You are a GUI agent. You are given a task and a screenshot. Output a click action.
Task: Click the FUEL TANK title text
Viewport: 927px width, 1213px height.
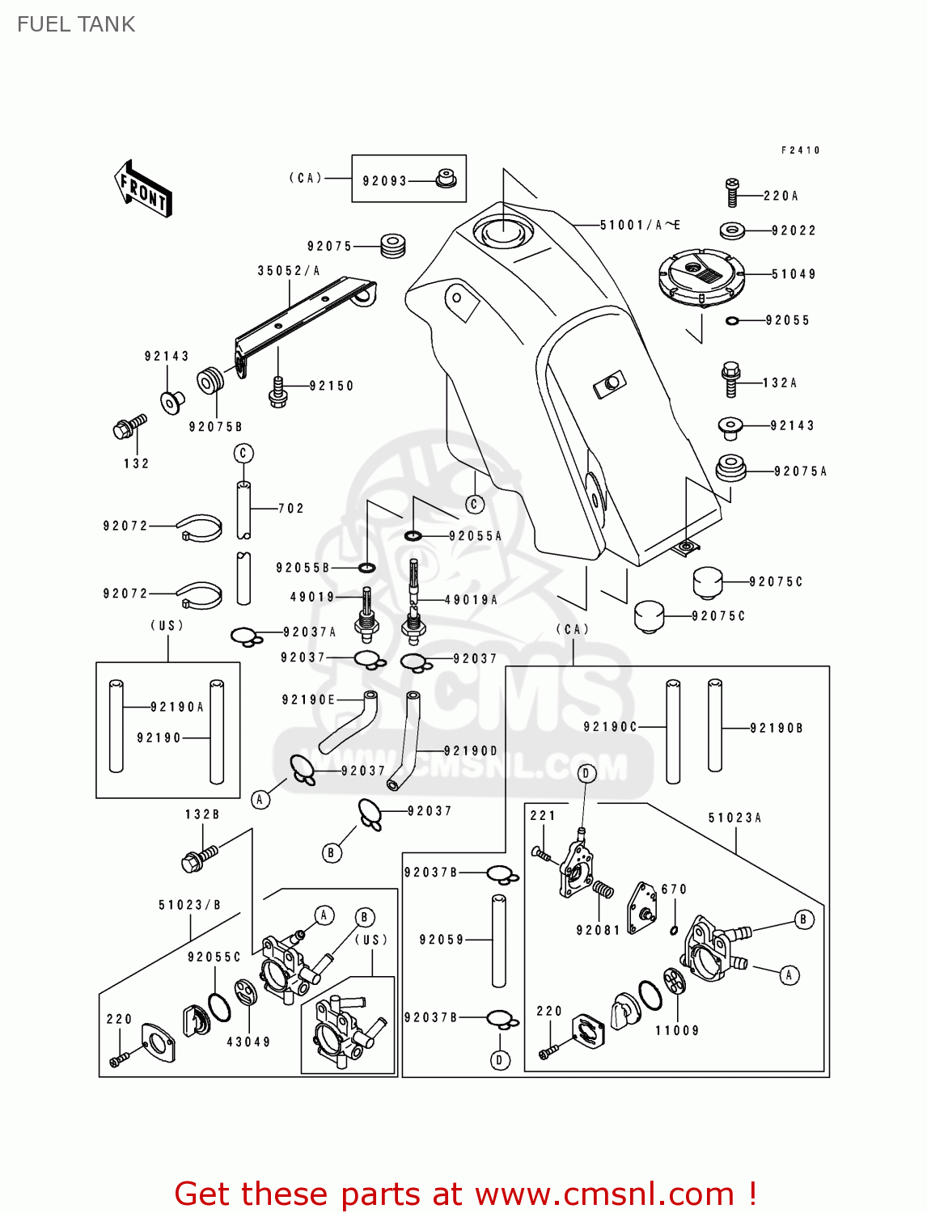76,24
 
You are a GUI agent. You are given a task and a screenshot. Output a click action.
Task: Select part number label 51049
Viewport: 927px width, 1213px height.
794,274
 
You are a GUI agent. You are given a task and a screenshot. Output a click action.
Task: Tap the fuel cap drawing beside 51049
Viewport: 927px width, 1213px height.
701,276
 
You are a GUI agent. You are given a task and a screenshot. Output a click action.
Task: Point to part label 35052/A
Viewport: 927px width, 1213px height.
289,271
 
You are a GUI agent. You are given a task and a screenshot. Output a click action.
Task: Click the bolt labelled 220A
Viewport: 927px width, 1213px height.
731,193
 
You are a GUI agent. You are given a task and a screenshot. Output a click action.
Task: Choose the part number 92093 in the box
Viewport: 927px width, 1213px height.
384,181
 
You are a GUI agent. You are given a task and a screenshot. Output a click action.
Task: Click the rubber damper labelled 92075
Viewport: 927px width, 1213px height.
393,245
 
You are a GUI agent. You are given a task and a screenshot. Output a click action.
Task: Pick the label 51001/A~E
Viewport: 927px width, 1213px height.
640,225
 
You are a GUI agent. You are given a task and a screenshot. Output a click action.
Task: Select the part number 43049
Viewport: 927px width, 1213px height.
248,1042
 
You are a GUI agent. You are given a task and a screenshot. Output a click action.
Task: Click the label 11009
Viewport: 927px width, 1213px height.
677,1030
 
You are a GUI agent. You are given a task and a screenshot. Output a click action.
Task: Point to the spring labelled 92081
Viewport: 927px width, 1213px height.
603,890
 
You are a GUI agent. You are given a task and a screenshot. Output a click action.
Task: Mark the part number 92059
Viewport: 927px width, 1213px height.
442,940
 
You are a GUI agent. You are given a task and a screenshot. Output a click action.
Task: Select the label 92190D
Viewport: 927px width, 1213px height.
471,750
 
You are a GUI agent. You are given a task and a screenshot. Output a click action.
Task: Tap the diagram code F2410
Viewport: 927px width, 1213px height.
801,150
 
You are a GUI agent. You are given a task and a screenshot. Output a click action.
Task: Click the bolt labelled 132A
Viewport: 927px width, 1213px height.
730,379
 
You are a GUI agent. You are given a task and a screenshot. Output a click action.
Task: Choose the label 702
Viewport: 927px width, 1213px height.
291,509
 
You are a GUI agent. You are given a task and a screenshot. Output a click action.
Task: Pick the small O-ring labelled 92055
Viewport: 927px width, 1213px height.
732,321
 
